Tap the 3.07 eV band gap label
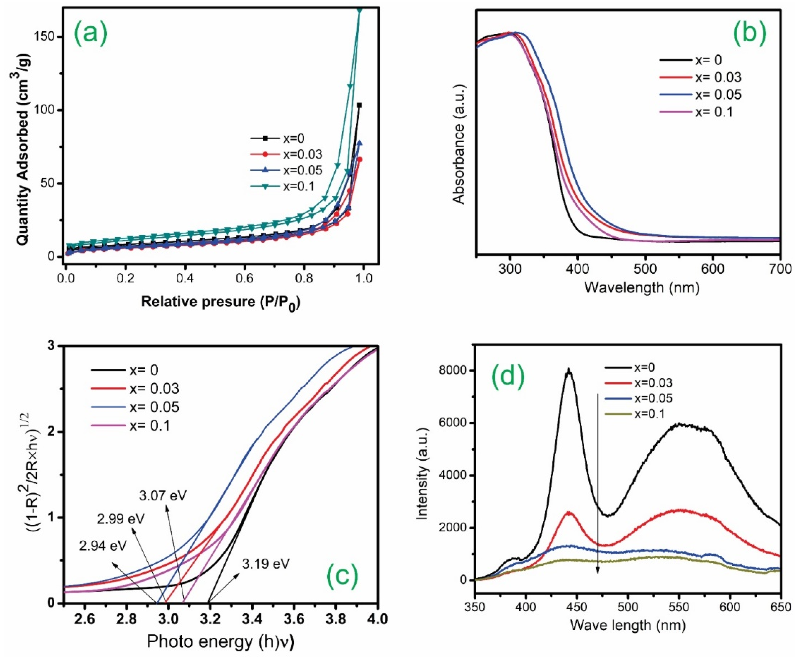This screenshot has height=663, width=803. click(x=163, y=496)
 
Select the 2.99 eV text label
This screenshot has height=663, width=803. click(x=121, y=519)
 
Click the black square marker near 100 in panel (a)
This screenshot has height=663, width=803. click(x=359, y=105)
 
